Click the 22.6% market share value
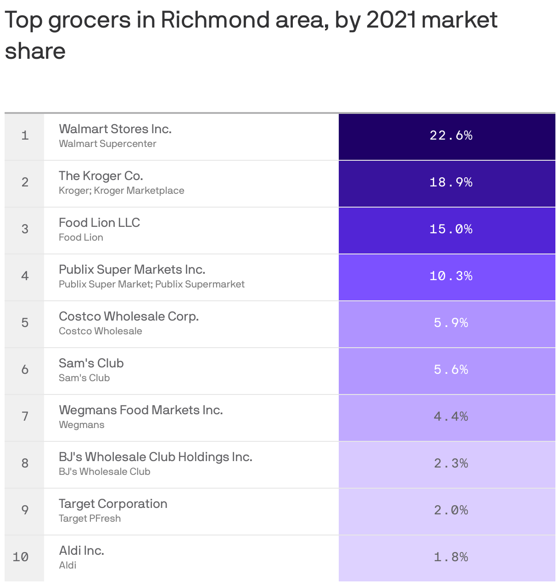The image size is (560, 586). (x=451, y=135)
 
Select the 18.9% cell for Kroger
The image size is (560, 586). (x=451, y=182)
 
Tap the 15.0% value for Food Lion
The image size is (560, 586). (x=451, y=229)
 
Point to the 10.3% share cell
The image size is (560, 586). (x=451, y=276)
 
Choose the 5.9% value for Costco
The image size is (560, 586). (x=451, y=323)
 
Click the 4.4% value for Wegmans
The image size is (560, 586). (x=451, y=417)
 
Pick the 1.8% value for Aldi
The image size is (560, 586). (x=451, y=557)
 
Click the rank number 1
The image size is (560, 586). (x=25, y=135)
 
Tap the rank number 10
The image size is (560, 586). (x=21, y=557)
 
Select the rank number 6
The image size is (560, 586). (x=25, y=370)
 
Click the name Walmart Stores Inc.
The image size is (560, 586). (x=115, y=129)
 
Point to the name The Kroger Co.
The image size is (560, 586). (x=101, y=176)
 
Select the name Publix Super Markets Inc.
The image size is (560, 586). (x=132, y=270)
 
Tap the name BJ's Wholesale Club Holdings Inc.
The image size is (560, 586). (x=156, y=457)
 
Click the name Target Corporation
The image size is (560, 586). (x=113, y=504)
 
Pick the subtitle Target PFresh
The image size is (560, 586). (x=90, y=518)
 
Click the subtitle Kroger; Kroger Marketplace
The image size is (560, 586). (x=122, y=191)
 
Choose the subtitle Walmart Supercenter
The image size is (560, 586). (x=107, y=144)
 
